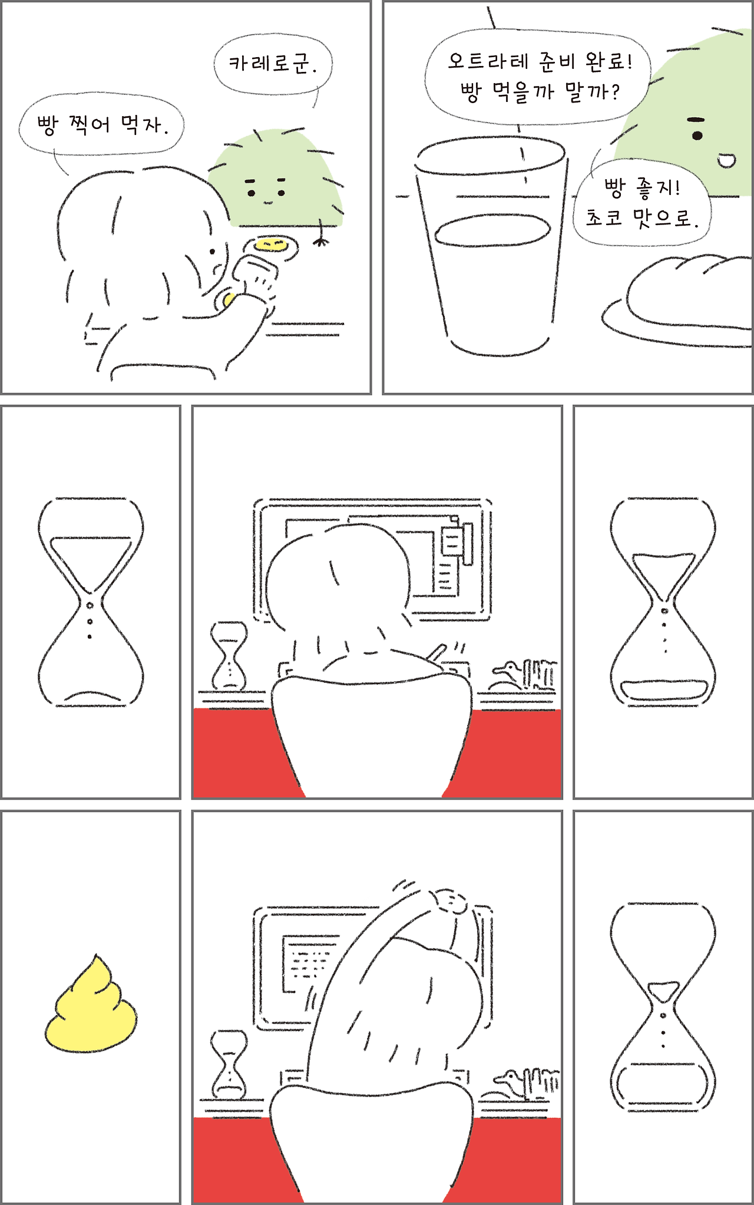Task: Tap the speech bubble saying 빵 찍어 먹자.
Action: click(101, 124)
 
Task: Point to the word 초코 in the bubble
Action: click(604, 218)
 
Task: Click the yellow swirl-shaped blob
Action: click(91, 1003)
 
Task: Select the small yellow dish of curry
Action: click(272, 246)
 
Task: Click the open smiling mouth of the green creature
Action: click(726, 160)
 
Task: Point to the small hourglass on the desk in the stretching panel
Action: click(229, 1064)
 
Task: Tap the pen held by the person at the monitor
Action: click(437, 652)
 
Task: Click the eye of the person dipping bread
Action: click(212, 252)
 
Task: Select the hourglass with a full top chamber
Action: click(91, 602)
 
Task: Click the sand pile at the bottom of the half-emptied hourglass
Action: click(664, 689)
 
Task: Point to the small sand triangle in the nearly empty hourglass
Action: click(663, 991)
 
